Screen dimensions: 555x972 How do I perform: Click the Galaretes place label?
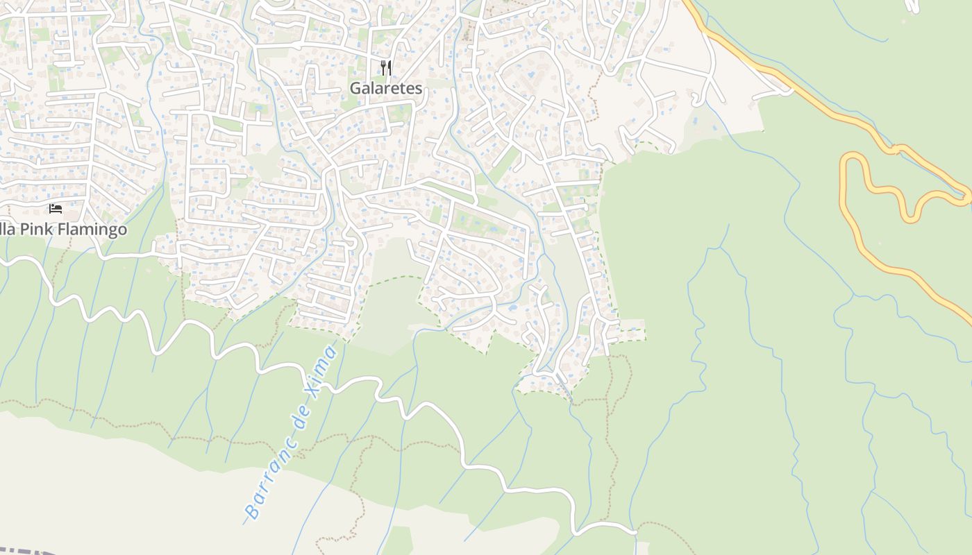tap(385, 88)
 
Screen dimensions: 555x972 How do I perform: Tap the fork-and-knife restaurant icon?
tap(387, 67)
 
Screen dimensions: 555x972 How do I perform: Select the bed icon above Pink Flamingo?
tap(56, 208)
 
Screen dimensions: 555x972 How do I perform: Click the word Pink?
tap(35, 229)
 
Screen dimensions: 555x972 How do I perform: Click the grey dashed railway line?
tap(28, 552)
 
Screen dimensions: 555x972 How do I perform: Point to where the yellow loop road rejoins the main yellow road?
tap(967, 198)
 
